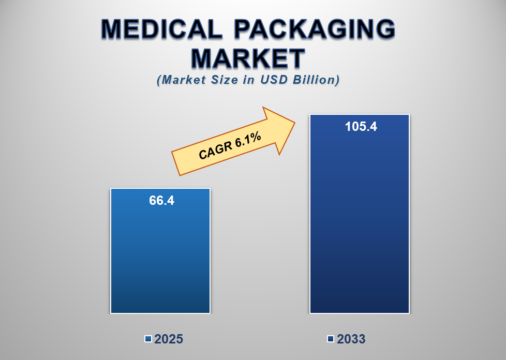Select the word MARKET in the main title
tap(248, 58)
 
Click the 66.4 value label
tap(161, 201)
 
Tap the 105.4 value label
tap(361, 127)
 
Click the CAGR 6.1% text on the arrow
tap(229, 147)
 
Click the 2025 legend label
tap(169, 339)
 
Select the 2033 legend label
tap(351, 339)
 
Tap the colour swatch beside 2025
tap(148, 339)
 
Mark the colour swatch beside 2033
tap(331, 339)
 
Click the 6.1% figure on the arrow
tap(247, 140)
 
